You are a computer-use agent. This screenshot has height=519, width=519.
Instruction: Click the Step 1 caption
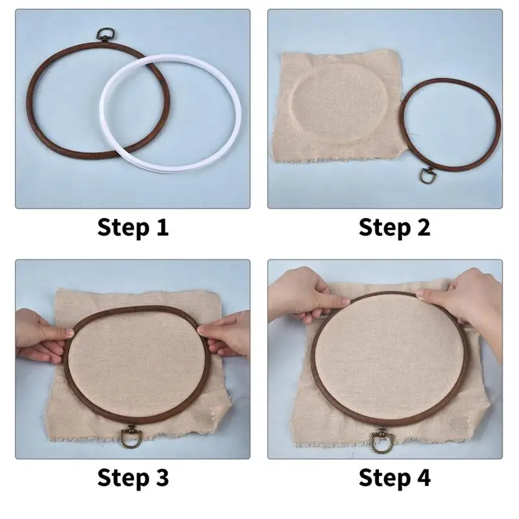(133, 227)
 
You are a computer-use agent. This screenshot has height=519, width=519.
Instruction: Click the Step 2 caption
(394, 227)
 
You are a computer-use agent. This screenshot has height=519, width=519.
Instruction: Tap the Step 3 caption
(133, 477)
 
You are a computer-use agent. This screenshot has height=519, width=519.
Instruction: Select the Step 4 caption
(394, 477)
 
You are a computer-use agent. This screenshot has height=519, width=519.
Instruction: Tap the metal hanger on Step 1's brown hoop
(104, 36)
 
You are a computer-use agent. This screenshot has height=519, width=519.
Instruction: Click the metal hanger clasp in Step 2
(428, 176)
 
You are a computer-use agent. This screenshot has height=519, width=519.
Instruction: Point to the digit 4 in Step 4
(422, 477)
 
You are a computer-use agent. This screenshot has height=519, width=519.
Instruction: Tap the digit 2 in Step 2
(422, 227)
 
